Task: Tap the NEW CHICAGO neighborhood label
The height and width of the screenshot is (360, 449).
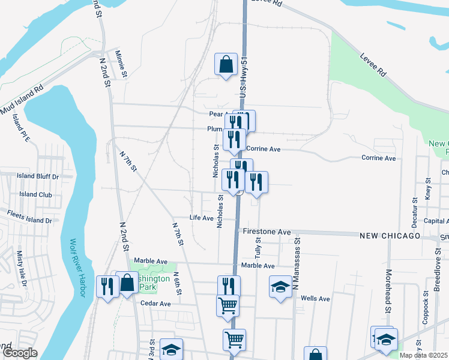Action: (x=390, y=236)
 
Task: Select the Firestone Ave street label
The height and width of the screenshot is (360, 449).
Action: (x=267, y=232)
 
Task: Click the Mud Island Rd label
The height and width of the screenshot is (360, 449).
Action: (x=22, y=101)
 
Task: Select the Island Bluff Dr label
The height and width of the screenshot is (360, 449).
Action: (x=38, y=177)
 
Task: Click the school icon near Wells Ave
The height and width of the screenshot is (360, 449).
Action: (x=280, y=287)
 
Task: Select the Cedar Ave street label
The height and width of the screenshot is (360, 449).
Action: (x=155, y=304)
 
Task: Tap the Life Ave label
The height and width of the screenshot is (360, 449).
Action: (x=202, y=218)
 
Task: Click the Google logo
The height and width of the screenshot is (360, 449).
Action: (x=19, y=353)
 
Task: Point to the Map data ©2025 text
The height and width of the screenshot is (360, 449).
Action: (x=424, y=355)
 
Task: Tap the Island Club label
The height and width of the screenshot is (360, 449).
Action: (x=35, y=194)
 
